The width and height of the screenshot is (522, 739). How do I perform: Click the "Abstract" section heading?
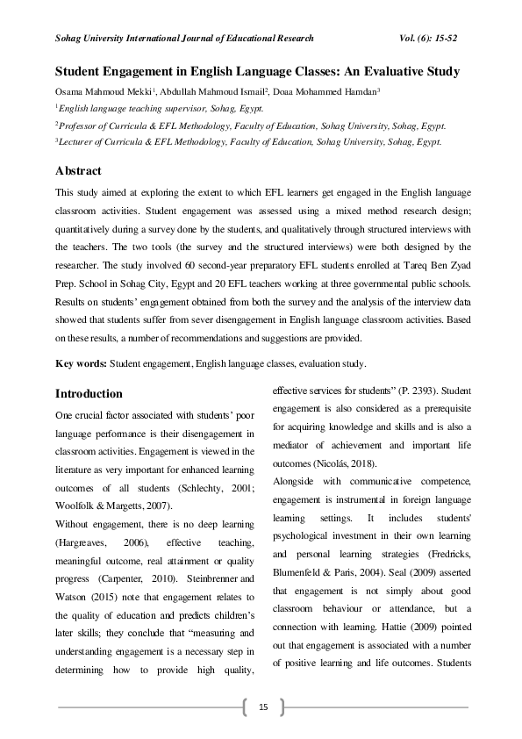78,170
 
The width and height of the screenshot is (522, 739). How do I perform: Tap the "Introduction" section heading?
89,393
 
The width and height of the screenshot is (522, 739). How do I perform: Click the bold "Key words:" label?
81,363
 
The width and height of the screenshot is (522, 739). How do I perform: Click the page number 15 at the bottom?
261,707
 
